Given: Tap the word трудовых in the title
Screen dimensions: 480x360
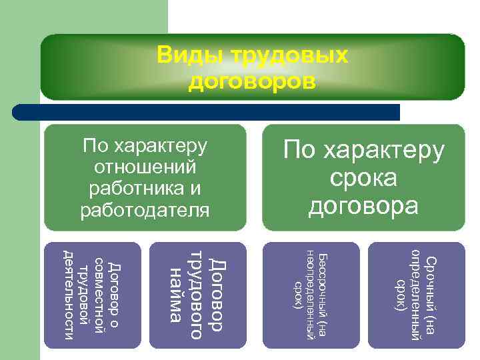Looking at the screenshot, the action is [x=289, y=56].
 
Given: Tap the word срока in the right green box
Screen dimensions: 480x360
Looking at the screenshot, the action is [x=363, y=178].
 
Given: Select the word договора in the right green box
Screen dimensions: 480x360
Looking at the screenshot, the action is [x=363, y=206].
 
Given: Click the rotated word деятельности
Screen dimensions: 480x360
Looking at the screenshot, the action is [x=68, y=294].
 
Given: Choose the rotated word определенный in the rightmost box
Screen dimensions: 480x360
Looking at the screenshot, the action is [x=416, y=294].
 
